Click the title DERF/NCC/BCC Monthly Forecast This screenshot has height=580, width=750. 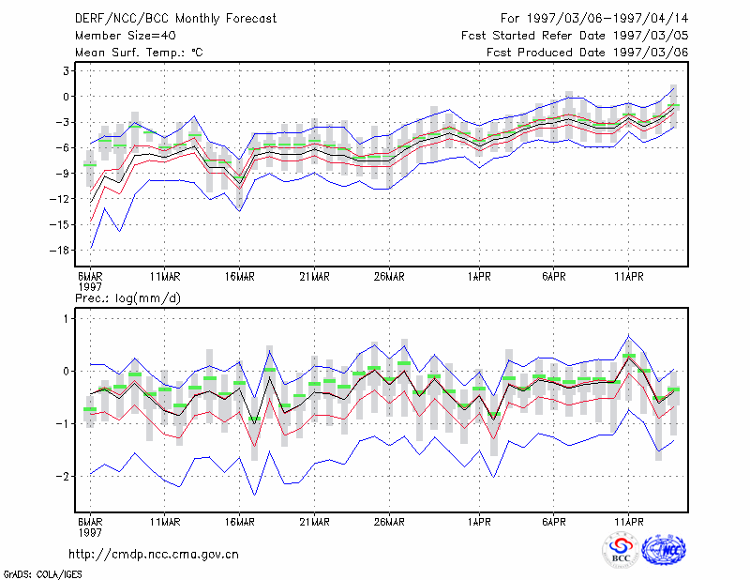click(175, 19)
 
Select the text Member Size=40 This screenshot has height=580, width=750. click(126, 36)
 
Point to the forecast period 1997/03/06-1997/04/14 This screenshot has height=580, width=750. click(594, 19)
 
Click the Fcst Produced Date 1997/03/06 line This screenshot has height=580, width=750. click(588, 53)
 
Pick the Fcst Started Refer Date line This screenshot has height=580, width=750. click(575, 36)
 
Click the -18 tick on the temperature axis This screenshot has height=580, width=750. click(60, 250)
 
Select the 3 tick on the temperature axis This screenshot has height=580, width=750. click(66, 71)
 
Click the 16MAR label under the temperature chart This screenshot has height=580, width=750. click(240, 277)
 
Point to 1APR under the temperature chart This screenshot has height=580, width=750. click(479, 277)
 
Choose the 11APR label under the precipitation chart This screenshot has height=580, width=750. click(629, 522)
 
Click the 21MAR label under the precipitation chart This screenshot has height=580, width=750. click(314, 522)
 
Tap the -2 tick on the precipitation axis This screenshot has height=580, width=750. click(63, 477)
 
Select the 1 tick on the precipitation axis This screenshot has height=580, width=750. click(67, 319)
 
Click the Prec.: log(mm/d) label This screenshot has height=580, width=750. click(128, 298)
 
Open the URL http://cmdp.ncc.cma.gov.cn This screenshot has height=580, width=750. click(154, 555)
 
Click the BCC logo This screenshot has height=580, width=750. click(621, 550)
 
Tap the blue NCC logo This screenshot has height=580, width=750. click(664, 550)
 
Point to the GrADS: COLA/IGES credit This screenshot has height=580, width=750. click(42, 574)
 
